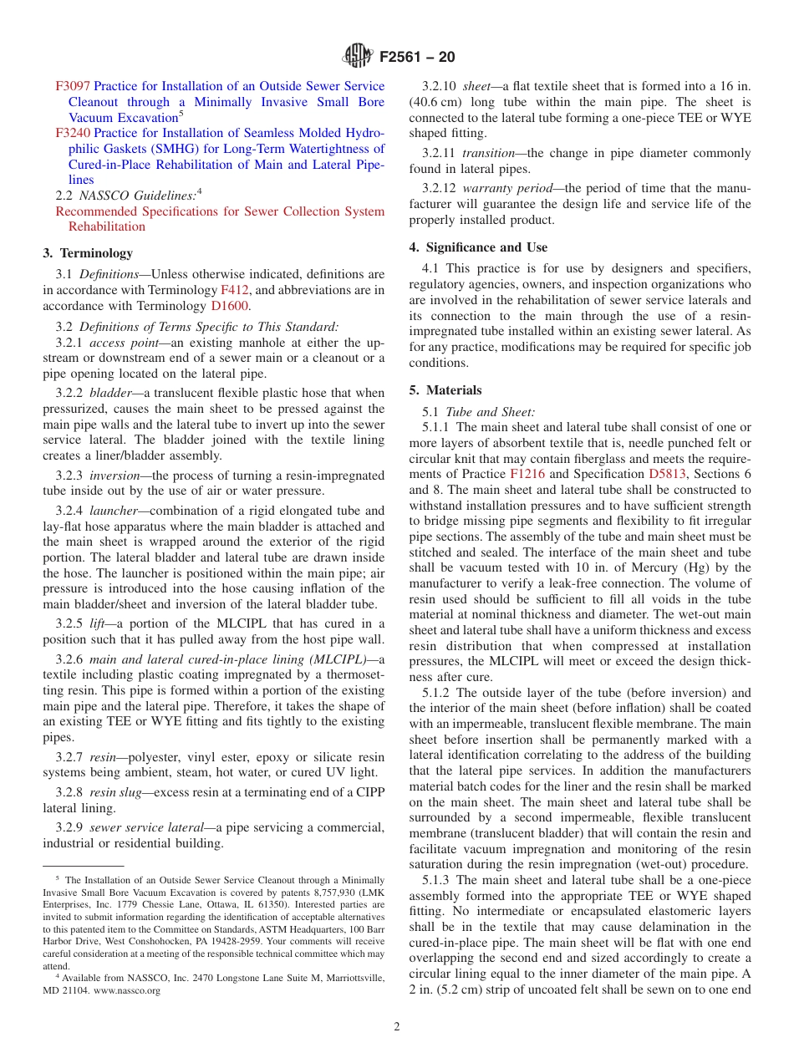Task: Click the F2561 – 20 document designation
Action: [417, 57]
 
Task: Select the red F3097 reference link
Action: [73, 86]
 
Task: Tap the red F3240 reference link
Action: [73, 133]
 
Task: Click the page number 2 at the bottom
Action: [397, 1027]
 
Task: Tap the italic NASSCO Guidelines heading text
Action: [137, 196]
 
